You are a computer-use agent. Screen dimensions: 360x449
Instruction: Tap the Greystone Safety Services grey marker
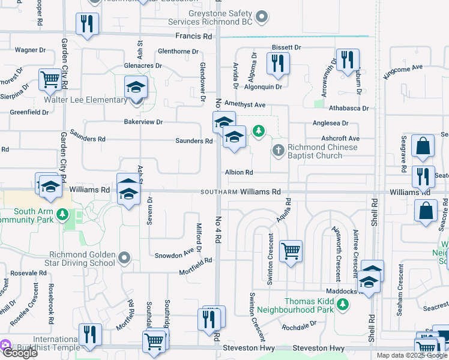[261, 17]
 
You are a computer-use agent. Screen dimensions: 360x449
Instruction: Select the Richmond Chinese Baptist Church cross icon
[278, 149]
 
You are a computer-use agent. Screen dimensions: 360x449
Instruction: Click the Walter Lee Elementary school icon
[136, 88]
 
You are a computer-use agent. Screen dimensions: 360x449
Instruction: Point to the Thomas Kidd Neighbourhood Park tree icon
[343, 305]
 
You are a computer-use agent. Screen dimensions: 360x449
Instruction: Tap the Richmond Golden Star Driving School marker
[124, 258]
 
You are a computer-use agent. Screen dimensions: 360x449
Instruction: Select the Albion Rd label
[239, 172]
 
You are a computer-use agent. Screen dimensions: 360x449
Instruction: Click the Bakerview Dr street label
[143, 122]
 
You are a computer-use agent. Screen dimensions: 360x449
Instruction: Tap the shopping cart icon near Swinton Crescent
[291, 251]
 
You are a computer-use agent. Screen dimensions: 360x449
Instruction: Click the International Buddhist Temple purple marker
[5, 345]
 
